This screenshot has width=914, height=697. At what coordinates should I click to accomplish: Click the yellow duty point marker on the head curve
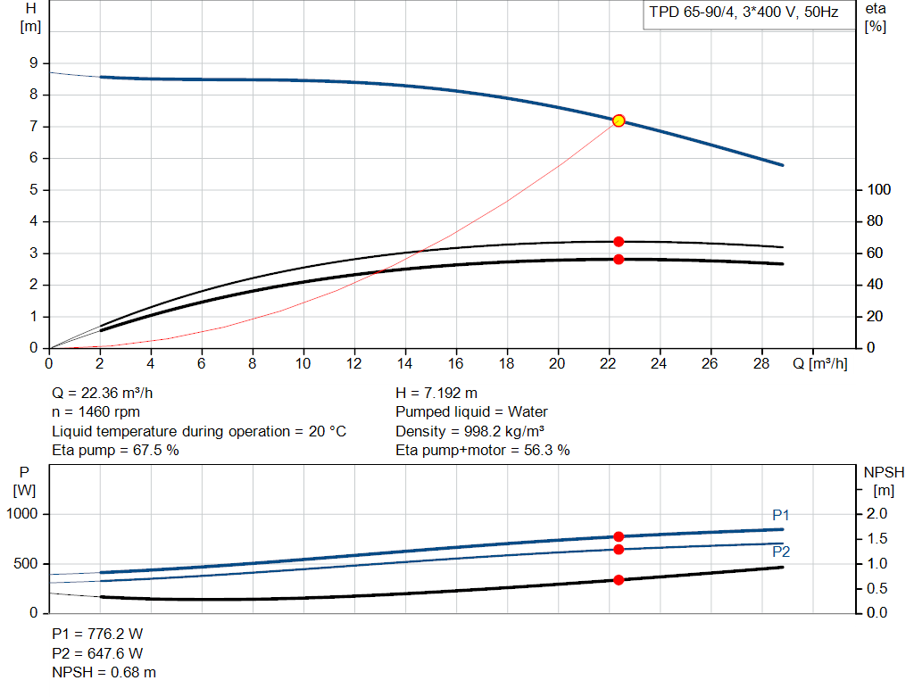pos(619,120)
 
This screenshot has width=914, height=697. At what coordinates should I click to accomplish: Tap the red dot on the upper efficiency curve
pos(619,241)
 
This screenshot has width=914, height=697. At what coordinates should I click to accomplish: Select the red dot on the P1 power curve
pos(619,536)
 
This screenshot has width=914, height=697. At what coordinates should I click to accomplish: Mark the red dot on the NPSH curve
pos(619,580)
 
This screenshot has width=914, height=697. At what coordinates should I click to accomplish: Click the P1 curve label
pos(780,515)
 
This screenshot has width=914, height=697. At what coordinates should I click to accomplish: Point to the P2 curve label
pos(781,552)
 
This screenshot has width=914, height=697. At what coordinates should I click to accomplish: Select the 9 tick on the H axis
pos(33,63)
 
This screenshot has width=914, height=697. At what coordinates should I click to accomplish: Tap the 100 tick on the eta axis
pos(879,189)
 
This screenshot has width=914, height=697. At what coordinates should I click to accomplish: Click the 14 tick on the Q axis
pos(404,363)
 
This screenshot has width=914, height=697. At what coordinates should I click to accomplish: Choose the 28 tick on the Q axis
pos(761,363)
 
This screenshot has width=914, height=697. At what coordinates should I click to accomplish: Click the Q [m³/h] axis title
pos(820,363)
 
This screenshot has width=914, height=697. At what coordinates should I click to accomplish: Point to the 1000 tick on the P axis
pos(22,513)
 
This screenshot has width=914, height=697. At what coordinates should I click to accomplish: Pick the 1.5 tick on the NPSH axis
pos(877,538)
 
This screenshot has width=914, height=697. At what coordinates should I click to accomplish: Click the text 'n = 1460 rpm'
pos(96,412)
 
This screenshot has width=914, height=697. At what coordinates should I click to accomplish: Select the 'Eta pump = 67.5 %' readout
pos(115,451)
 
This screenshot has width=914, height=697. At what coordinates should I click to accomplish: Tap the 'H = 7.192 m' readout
pos(436,394)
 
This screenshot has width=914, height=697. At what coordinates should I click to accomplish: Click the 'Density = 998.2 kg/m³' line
pos(469,431)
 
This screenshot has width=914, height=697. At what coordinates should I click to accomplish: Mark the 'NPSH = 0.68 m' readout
pos(104,673)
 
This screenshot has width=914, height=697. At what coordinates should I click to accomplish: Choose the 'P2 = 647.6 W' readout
pos(97,653)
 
